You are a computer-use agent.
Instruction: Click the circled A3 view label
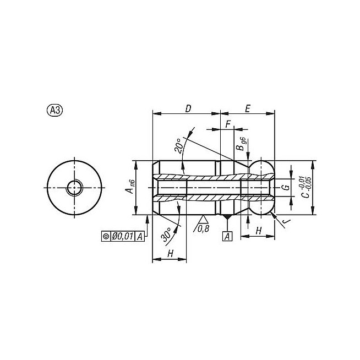pos(55,111)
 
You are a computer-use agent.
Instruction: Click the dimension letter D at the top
pos(188,108)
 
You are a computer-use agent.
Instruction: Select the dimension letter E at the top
pos(247,108)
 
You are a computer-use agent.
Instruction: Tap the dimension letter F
pos(228,124)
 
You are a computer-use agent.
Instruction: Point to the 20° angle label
pos(179,145)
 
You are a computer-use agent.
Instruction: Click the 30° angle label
pos(167,234)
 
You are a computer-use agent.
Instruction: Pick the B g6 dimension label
pos(241,144)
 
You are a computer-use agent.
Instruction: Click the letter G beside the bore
pos(286,187)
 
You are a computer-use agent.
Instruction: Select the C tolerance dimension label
pos(306,187)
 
